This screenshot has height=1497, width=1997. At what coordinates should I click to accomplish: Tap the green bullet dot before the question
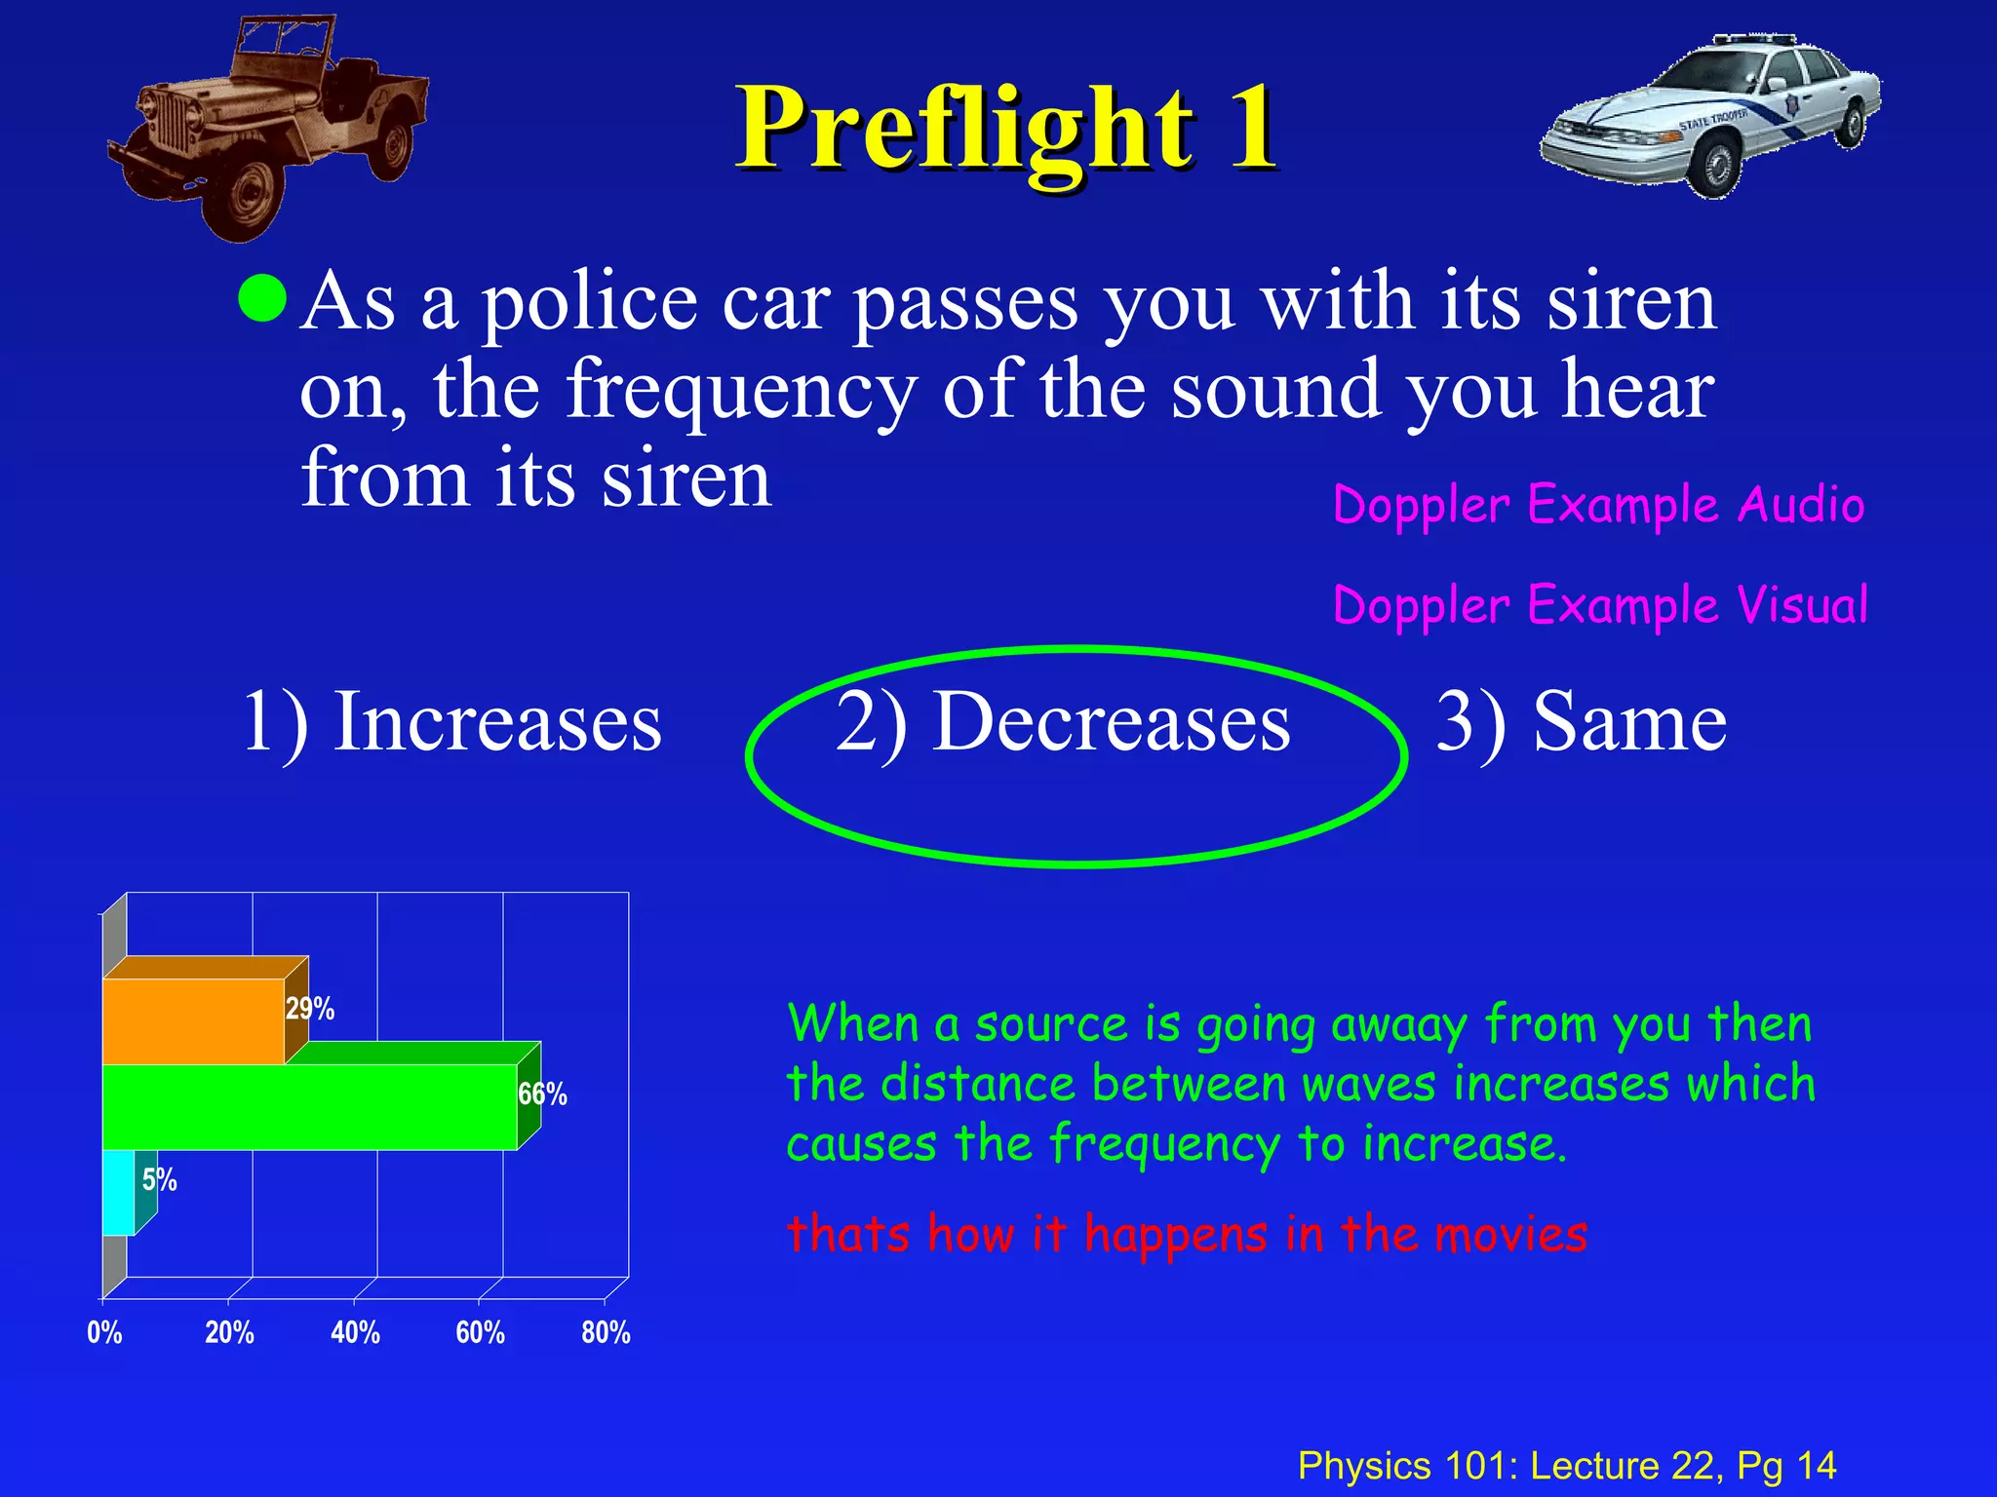(x=262, y=297)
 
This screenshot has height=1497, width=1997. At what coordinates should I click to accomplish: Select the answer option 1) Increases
(x=450, y=721)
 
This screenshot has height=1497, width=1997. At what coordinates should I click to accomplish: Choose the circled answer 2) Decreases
(x=1063, y=723)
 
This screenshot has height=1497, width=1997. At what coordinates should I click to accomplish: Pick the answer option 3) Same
(x=1581, y=721)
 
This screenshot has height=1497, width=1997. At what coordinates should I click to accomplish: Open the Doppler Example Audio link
(x=1598, y=506)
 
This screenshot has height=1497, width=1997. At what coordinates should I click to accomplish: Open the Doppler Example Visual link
(x=1600, y=605)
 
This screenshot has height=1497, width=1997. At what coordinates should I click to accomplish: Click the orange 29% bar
(x=193, y=1020)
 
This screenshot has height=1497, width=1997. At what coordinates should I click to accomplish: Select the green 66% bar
(x=309, y=1106)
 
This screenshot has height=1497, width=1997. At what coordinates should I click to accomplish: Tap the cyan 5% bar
(x=118, y=1192)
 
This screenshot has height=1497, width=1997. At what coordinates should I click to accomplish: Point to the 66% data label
(x=542, y=1094)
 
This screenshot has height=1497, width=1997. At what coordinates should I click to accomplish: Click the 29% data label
(x=310, y=1009)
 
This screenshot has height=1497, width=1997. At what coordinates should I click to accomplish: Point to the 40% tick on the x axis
(x=355, y=1332)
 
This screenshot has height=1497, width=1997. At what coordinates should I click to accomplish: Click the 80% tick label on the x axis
(x=606, y=1332)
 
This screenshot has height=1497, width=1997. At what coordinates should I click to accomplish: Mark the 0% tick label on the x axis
(x=104, y=1332)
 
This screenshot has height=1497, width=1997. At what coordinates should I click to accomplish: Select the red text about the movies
(x=1187, y=1234)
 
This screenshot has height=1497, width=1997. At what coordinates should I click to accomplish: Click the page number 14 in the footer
(x=1817, y=1465)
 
